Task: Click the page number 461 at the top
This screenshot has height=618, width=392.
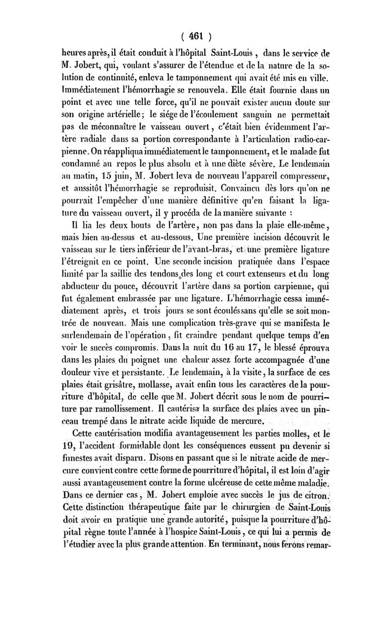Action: [x=196, y=36]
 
